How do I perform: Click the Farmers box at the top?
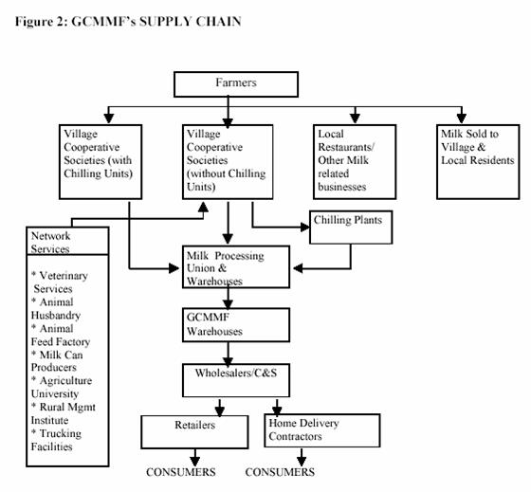(x=228, y=83)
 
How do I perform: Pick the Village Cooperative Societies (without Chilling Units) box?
(x=227, y=159)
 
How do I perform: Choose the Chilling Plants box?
(x=351, y=226)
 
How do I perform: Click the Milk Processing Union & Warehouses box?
(x=234, y=268)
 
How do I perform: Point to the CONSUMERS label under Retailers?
(x=180, y=472)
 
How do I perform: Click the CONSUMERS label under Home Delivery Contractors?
(x=280, y=472)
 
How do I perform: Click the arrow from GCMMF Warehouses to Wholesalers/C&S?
(x=228, y=357)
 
